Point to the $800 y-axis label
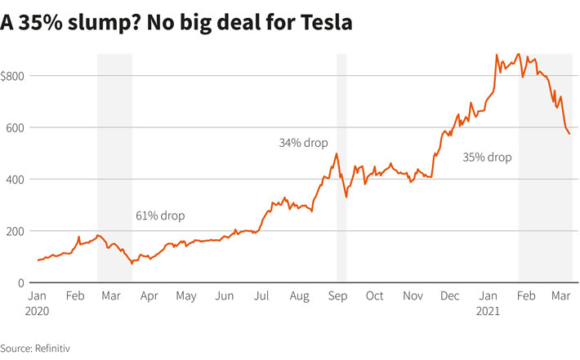(16, 76)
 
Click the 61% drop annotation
(160, 216)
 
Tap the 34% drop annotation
(303, 142)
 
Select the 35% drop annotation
(487, 157)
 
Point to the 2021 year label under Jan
(489, 311)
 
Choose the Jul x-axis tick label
(261, 297)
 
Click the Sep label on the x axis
(337, 297)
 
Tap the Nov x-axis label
(413, 297)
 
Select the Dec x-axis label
(450, 297)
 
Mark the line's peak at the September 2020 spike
(336, 153)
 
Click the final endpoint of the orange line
(569, 134)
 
